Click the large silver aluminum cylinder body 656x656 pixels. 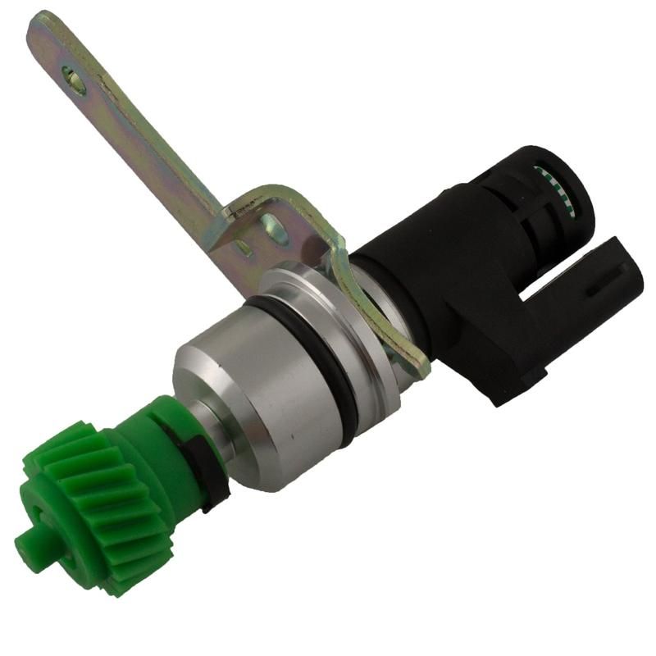click(x=246, y=385)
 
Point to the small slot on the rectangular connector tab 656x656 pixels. click(x=592, y=289)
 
